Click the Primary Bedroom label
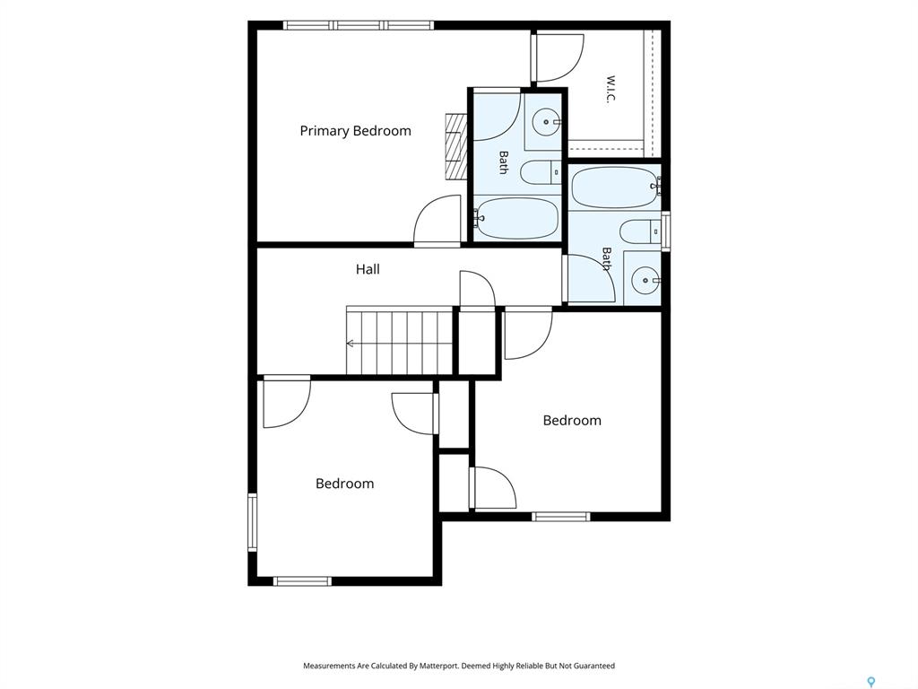pos(355,131)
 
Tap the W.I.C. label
pos(611,89)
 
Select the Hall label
pos(368,269)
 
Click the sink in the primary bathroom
pos(547,122)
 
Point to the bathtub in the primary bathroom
pos(515,219)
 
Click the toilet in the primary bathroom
pos(541,173)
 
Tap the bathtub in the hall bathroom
pos(614,188)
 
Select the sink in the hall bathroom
pos(644,280)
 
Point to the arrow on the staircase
pos(351,344)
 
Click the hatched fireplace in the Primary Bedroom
pos(455,145)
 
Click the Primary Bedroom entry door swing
pos(437,221)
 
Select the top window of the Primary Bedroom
pos(359,25)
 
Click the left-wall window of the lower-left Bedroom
pos(252,522)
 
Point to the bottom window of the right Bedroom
pos(561,516)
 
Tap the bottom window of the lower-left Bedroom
pos(302,581)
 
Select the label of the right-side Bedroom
pos(572,420)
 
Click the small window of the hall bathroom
pos(666,231)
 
